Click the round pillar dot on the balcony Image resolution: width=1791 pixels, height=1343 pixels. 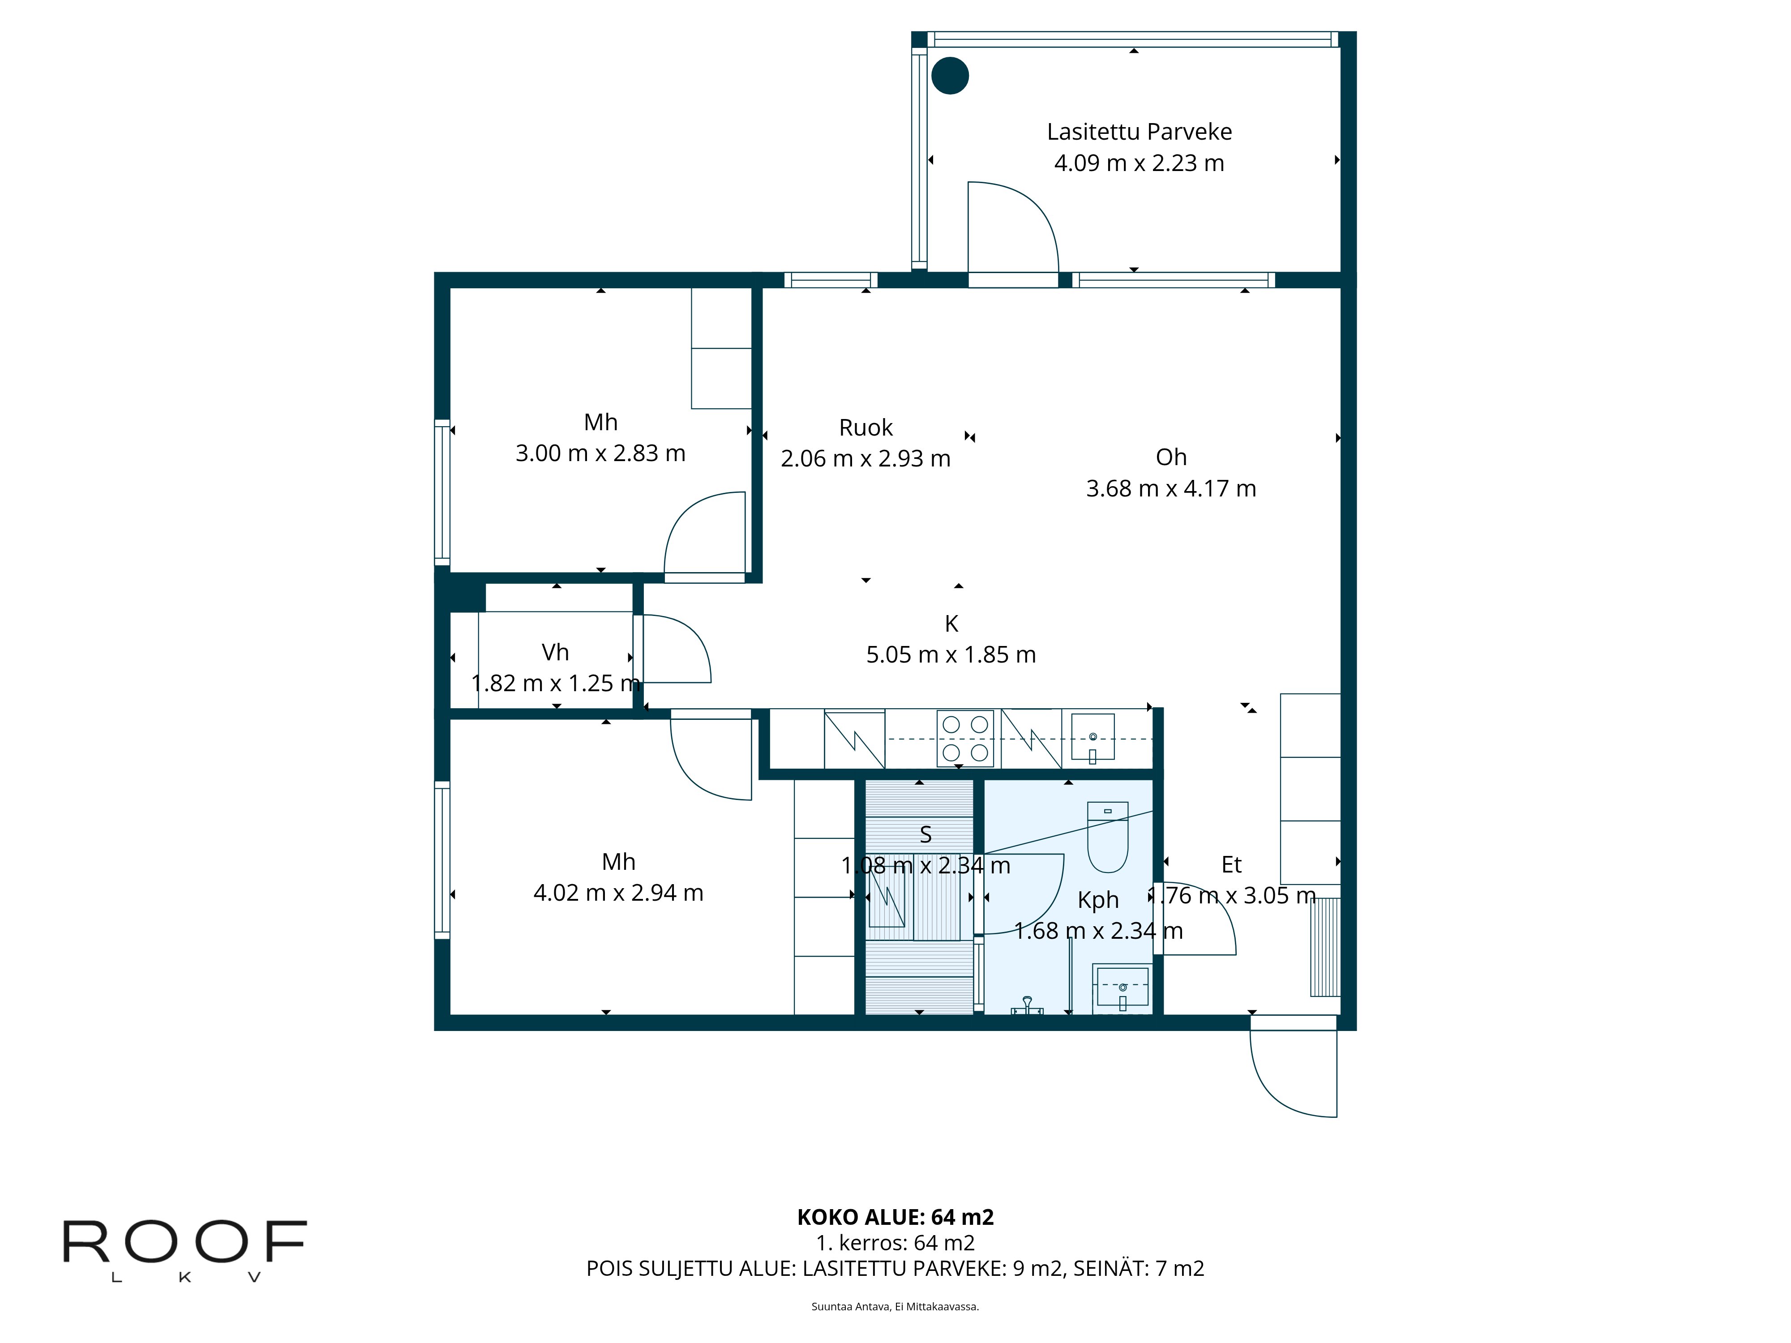coord(950,76)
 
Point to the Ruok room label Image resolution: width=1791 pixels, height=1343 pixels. coord(866,428)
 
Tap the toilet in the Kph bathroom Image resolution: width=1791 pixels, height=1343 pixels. coord(1107,838)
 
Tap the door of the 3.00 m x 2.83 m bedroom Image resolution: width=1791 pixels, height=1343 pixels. coord(703,534)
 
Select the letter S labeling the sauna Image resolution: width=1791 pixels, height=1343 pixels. coord(925,834)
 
